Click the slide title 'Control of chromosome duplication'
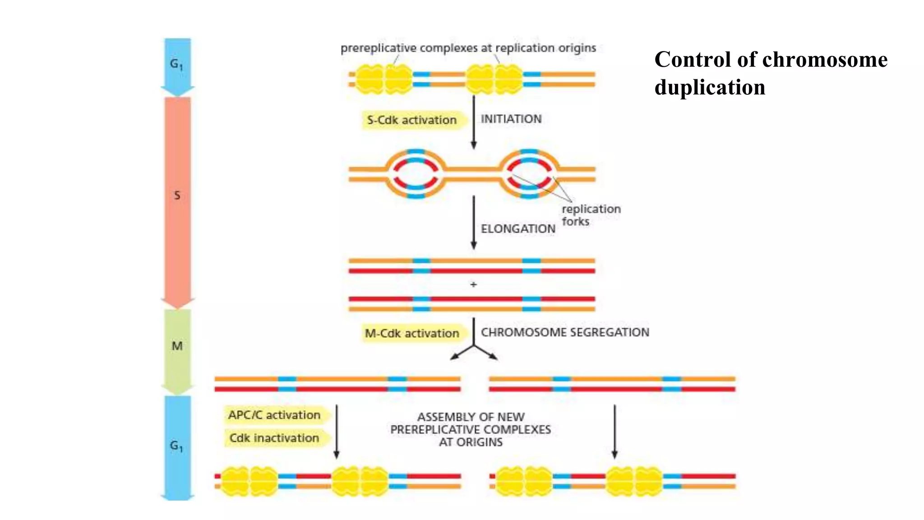click(770, 73)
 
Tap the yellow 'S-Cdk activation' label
click(411, 120)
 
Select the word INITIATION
click(511, 119)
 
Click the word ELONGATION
click(517, 229)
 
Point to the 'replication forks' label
click(590, 215)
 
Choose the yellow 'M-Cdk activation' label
click(411, 334)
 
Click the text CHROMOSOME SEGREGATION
click(564, 333)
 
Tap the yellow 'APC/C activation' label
click(274, 415)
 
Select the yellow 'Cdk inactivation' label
click(274, 438)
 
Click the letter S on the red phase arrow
click(177, 195)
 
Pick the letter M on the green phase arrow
click(177, 346)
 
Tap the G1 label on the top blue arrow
click(176, 64)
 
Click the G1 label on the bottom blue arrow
click(176, 446)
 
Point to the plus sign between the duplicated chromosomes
click(473, 285)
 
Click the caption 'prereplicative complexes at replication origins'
click(468, 48)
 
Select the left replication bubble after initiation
click(416, 174)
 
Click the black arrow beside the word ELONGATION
click(473, 222)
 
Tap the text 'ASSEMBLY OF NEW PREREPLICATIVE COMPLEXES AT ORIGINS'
click(471, 429)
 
